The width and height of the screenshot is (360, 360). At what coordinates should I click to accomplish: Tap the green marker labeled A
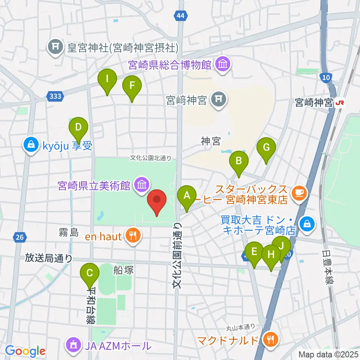coord(186,196)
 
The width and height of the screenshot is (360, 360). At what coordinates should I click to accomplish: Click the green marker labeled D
coord(78,128)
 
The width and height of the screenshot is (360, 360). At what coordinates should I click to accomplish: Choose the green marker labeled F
coord(132,86)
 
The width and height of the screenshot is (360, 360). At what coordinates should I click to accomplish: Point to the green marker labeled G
coord(266,148)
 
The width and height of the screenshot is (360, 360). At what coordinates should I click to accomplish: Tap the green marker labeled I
coord(107,80)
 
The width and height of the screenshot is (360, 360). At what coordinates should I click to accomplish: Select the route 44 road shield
coord(180,15)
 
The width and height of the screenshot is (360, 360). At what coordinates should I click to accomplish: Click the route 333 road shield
coord(55,96)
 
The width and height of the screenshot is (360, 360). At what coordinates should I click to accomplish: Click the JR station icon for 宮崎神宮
coord(340,102)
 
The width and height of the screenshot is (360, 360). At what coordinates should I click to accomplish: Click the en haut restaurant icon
coord(132,236)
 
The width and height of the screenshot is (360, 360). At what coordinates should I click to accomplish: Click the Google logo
coord(25,351)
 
